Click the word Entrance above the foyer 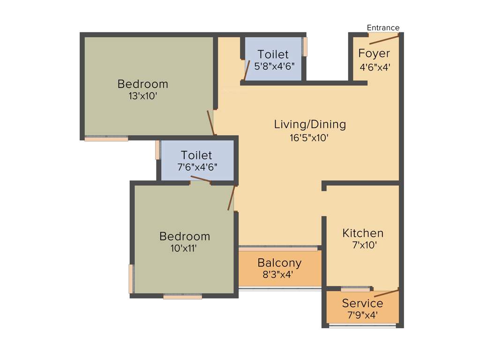point(383,28)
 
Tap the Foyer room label point(374,53)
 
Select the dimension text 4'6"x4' point(375,67)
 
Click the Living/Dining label point(310,124)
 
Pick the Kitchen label point(363,233)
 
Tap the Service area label point(362,303)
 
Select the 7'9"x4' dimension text point(362,315)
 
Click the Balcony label point(279,262)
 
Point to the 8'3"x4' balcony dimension point(278,275)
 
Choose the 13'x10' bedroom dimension point(142,96)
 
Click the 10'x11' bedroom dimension point(184,248)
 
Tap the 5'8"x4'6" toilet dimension point(274,66)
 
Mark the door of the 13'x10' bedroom point(211,122)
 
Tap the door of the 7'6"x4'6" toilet point(200,180)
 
